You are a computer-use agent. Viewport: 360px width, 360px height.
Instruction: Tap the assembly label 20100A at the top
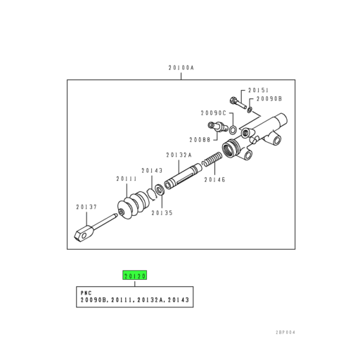tap(181, 68)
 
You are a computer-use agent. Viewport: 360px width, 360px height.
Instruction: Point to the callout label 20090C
tap(212, 112)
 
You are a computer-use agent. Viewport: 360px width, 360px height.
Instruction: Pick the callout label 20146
tap(214, 179)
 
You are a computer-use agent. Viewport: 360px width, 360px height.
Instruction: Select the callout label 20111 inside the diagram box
tap(127, 179)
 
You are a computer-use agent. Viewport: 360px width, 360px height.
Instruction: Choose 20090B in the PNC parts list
tap(93, 300)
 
